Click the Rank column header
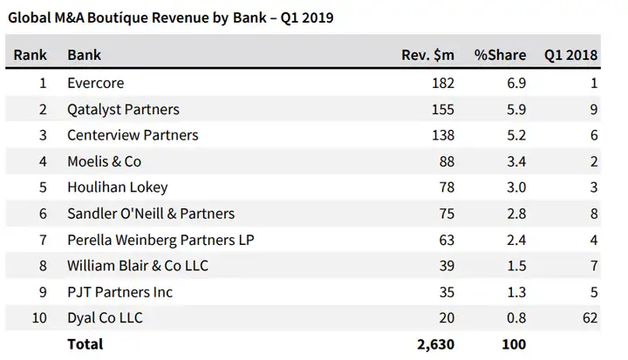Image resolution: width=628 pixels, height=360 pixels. (31, 55)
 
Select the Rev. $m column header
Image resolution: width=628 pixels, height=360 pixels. (428, 55)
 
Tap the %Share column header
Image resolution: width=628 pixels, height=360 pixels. (500, 55)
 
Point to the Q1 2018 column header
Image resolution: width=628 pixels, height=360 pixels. (570, 55)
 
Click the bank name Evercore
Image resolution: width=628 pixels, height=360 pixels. (95, 84)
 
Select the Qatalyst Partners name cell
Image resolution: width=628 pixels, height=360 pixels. (123, 110)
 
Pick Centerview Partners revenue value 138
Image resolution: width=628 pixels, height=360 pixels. (442, 136)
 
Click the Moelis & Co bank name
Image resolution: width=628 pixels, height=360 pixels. (104, 162)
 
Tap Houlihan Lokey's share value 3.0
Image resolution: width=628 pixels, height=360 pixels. (515, 188)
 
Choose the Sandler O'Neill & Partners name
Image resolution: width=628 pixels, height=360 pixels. (151, 214)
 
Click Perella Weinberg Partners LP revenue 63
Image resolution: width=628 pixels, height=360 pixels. (446, 240)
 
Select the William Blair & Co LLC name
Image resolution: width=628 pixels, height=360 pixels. (138, 266)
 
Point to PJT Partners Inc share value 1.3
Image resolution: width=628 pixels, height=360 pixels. (515, 292)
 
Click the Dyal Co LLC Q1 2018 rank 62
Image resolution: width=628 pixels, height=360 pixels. (589, 318)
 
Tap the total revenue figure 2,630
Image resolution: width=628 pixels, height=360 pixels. (436, 344)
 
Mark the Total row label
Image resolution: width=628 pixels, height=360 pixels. (85, 344)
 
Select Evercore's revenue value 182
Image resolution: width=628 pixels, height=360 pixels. (442, 84)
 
